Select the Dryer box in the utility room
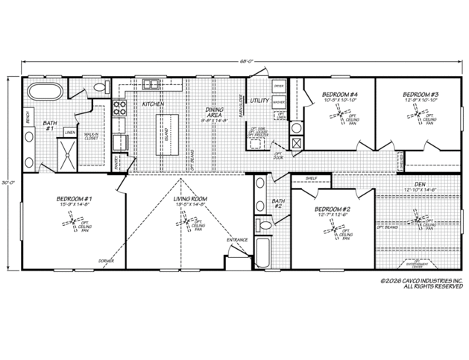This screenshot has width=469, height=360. coord(278,86)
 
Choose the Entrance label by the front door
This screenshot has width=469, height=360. coord(237,240)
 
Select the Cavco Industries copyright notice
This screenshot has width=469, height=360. coord(421,284)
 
